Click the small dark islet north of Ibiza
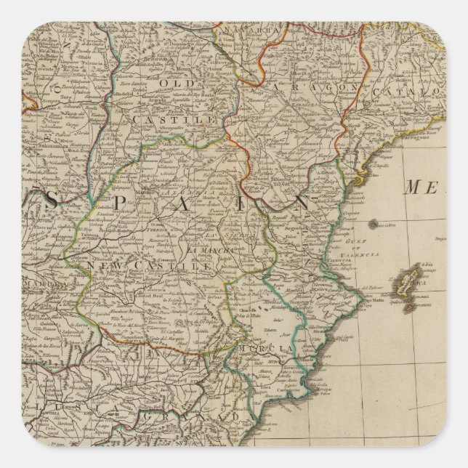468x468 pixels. pyautogui.click(x=373, y=225)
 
